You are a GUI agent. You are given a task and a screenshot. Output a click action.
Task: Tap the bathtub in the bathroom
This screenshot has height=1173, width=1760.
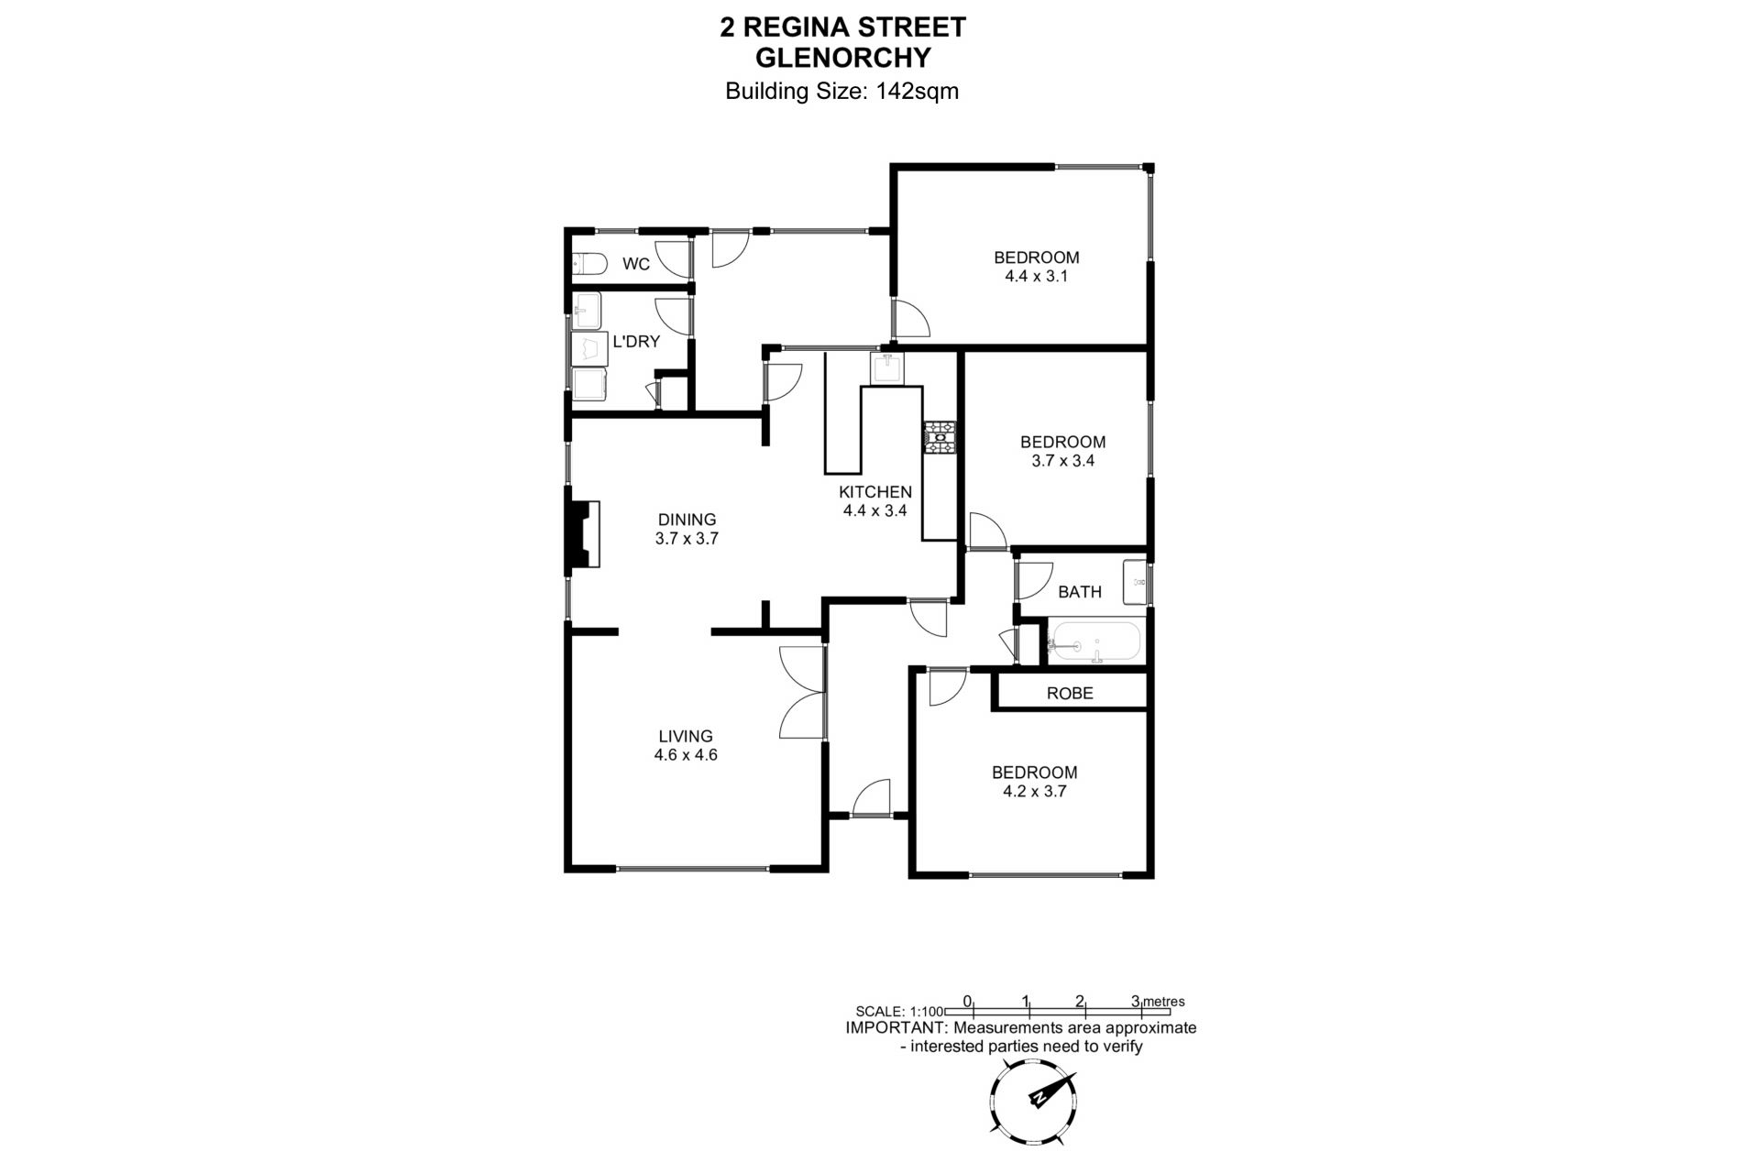(x=1095, y=641)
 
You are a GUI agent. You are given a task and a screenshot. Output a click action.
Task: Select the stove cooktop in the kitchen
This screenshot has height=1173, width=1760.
(x=940, y=437)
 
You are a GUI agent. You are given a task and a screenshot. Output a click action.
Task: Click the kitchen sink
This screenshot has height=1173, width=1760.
(x=886, y=368)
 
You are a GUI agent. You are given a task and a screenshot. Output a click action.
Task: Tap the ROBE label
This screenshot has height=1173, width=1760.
(x=1070, y=693)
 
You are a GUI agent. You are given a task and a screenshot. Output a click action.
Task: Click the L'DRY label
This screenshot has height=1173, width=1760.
(x=636, y=342)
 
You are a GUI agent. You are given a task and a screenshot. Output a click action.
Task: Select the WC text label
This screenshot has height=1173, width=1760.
(x=636, y=264)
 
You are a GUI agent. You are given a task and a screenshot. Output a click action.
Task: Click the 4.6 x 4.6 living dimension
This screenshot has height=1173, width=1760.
(x=686, y=755)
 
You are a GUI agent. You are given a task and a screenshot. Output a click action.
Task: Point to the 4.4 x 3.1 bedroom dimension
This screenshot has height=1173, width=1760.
(x=1037, y=276)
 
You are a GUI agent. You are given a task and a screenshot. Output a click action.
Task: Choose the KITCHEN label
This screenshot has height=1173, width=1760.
(x=875, y=492)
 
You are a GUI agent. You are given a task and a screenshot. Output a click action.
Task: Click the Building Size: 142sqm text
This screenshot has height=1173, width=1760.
(x=841, y=91)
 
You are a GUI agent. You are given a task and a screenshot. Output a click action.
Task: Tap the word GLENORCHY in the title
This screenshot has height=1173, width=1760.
(x=842, y=58)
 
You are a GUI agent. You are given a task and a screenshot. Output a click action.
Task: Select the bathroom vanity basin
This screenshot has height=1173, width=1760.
(x=1137, y=581)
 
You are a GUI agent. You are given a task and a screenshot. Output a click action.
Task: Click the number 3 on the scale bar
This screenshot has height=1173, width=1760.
(x=1136, y=1001)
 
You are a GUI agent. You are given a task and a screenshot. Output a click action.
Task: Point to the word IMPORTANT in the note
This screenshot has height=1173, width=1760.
(x=895, y=1027)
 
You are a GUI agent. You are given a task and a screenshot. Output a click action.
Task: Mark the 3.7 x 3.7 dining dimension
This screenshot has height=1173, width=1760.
(x=687, y=539)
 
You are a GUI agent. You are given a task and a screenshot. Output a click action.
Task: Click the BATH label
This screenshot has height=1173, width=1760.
(x=1080, y=592)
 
